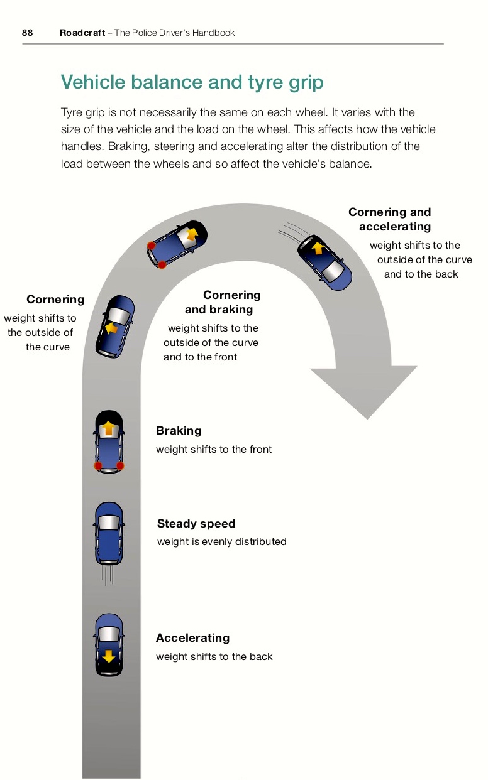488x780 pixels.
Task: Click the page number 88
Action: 27,33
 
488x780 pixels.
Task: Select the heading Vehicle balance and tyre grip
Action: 192,82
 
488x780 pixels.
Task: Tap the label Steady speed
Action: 196,524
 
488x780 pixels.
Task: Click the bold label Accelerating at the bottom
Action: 192,638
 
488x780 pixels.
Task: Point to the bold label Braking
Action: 179,431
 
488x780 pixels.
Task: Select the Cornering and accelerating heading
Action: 390,219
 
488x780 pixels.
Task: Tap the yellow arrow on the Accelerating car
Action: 109,656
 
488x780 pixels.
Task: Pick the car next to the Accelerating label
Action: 109,645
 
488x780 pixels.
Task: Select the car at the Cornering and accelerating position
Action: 324,262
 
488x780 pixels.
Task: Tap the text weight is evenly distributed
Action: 221,541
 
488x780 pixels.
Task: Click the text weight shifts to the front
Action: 214,449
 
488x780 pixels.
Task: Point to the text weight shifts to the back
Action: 214,656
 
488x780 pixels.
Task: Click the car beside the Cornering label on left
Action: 116,326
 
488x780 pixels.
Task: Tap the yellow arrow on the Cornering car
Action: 112,328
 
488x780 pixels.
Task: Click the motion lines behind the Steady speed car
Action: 109,575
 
